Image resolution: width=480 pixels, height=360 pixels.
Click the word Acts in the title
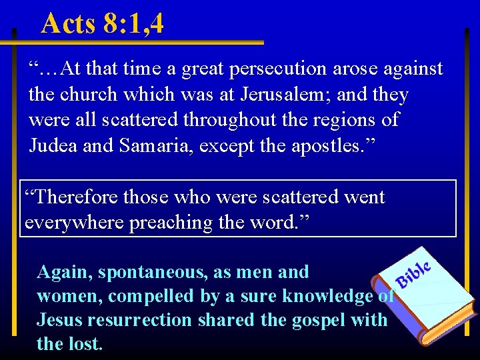69,23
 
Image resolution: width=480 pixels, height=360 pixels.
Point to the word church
103,95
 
